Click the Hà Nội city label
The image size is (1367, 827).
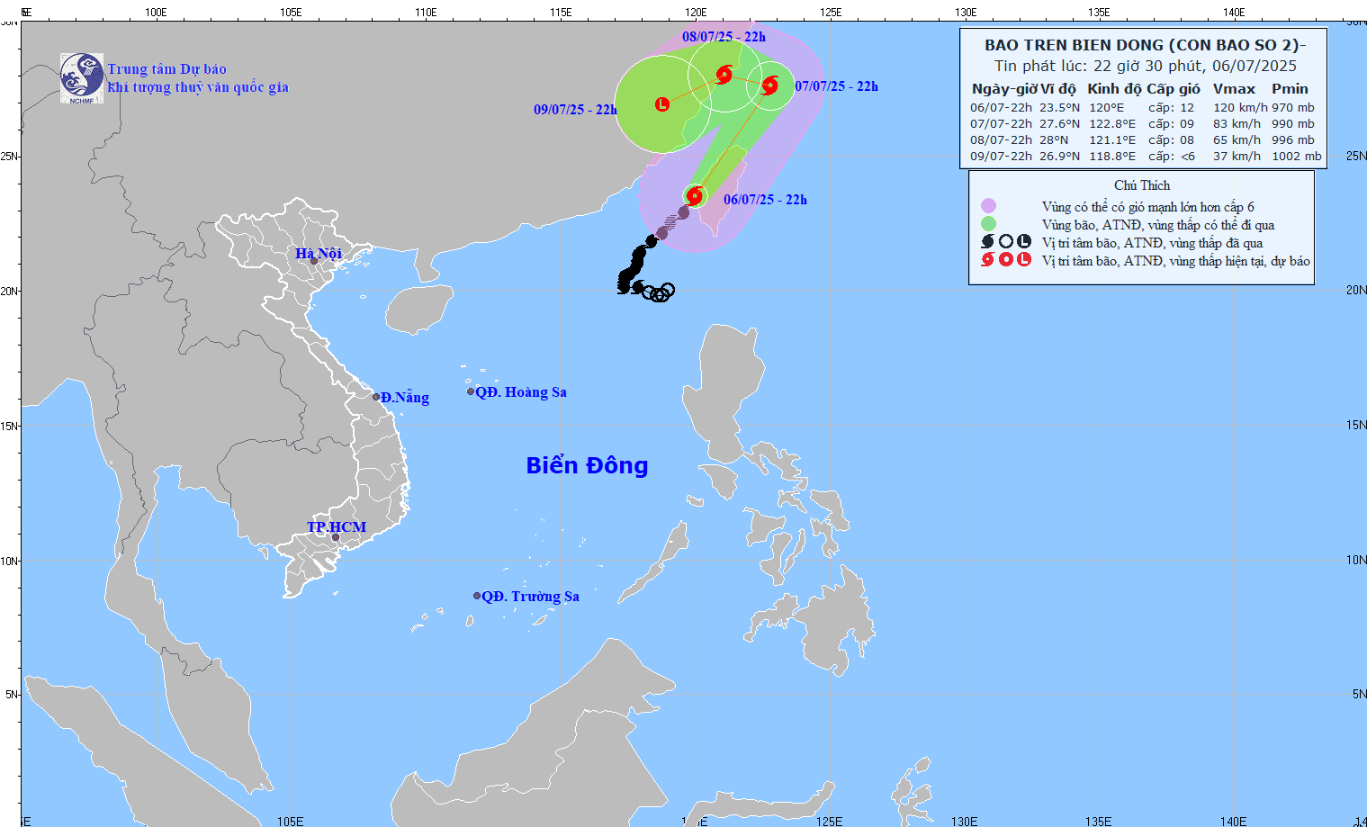point(319,254)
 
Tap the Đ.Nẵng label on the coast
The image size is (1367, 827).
point(404,398)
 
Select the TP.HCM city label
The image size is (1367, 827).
point(337,527)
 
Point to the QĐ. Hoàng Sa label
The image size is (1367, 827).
point(521,392)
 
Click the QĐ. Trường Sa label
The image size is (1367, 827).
point(530,597)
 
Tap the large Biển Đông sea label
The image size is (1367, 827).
point(587,465)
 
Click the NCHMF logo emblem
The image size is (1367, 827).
point(82,77)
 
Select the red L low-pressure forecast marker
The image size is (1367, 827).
point(662,104)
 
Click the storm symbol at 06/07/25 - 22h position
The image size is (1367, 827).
point(695,194)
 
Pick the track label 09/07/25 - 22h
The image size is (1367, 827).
point(575,110)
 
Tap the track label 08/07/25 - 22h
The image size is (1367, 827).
point(724,37)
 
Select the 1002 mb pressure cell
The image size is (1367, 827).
point(1296,157)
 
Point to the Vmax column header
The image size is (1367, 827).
point(1234,89)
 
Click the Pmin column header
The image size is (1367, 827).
point(1290,89)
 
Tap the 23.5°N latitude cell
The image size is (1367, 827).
point(1059,108)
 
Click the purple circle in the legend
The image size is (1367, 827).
point(988,206)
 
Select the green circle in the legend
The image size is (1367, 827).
point(988,224)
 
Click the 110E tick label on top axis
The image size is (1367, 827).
point(426,13)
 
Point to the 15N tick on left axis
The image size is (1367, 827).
point(9,426)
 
